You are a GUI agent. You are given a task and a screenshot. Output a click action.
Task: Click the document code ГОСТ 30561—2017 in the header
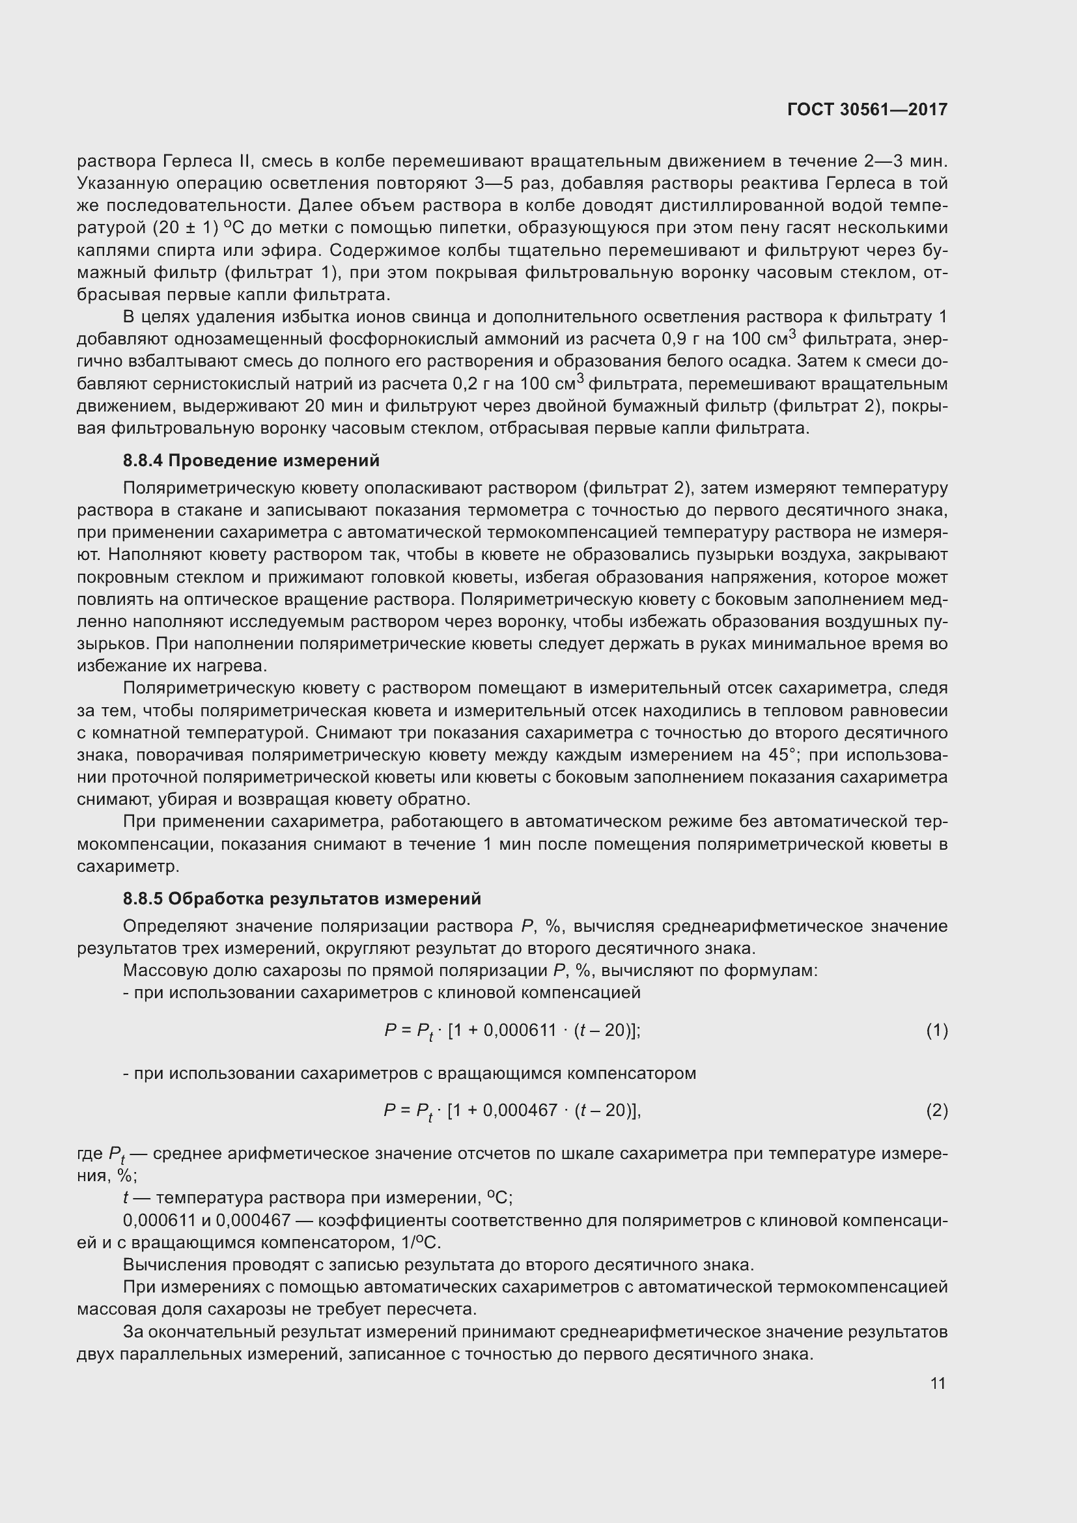point(867,109)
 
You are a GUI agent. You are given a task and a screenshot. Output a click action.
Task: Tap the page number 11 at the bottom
point(938,1383)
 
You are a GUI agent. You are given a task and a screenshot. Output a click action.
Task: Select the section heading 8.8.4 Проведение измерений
point(251,460)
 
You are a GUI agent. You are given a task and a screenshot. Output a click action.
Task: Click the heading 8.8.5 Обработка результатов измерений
point(301,899)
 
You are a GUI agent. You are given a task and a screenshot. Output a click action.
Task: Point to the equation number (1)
point(936,1030)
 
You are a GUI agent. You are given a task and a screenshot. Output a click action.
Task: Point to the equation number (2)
point(936,1110)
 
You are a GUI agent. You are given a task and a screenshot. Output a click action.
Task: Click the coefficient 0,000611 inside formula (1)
point(522,1030)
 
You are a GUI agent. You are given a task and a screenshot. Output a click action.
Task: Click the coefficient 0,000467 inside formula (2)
point(521,1110)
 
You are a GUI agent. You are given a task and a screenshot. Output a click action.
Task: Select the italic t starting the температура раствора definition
point(126,1198)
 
